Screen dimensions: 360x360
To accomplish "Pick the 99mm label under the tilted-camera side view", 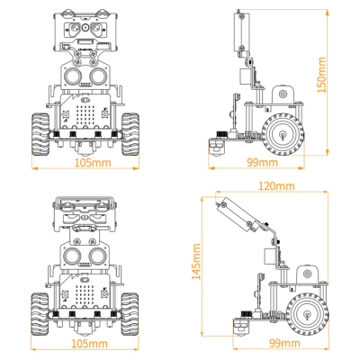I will pyautogui.click(x=284, y=343).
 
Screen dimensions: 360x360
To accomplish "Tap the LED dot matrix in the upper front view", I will pyautogui.click(x=87, y=115).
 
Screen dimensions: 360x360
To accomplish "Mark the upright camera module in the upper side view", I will pyautogui.click(x=240, y=34).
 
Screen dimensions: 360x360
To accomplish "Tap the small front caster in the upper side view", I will pyautogui.click(x=216, y=144).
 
